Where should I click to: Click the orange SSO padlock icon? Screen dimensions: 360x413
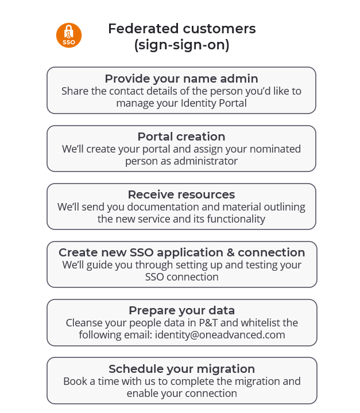pos(69,36)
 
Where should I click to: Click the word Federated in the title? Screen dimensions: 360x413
pos(144,29)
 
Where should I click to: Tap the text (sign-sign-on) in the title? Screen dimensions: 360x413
pos(181,45)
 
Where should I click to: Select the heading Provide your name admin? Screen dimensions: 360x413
pos(181,79)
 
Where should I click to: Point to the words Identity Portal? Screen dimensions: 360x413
pos(214,103)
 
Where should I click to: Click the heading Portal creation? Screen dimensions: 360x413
pos(181,137)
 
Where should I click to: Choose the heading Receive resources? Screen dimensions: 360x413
pos(181,194)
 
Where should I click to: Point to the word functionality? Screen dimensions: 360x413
pos(236,219)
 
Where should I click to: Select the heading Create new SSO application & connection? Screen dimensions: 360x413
pos(181,252)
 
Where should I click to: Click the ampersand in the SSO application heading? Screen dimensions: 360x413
pos(230,252)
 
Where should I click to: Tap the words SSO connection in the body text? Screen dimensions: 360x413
pos(181,277)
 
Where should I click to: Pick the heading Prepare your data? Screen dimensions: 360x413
pos(181,310)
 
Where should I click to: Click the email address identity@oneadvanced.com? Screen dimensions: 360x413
pos(220,335)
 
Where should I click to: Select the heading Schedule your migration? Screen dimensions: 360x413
pos(181,369)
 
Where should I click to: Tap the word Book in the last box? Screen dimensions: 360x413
pos(75,381)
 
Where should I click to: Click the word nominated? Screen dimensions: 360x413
pos(275,149)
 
